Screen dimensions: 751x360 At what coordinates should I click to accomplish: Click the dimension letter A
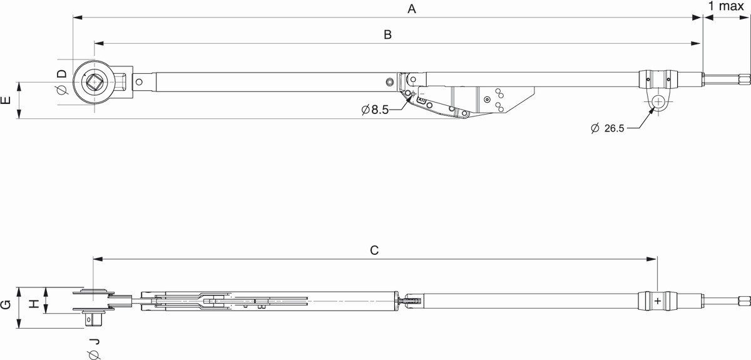(412, 9)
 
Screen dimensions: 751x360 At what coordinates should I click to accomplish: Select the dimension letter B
(387, 34)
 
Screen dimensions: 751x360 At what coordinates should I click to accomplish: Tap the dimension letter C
(374, 250)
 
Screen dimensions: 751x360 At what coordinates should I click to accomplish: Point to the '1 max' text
(726, 6)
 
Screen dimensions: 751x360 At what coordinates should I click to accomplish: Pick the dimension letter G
(6, 305)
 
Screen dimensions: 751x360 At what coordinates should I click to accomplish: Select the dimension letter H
(34, 304)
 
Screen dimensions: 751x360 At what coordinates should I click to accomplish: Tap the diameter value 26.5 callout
(608, 128)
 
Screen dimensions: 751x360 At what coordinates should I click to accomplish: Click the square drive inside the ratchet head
(95, 82)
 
